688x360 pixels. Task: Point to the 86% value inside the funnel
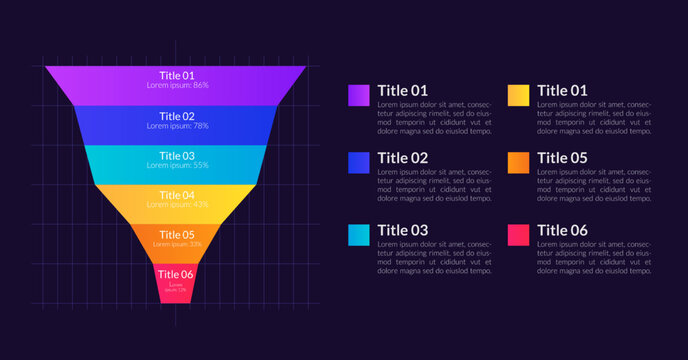[201, 86]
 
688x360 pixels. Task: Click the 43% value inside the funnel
[201, 204]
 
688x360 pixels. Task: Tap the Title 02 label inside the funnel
[176, 116]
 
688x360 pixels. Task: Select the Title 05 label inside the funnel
[176, 235]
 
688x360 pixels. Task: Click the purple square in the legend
[359, 94]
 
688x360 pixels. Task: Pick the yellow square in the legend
[518, 94]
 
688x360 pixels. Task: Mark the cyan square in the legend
[359, 234]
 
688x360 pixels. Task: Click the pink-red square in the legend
[518, 234]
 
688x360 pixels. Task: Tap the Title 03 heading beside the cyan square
[402, 230]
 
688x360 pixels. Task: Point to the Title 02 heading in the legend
[402, 158]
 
